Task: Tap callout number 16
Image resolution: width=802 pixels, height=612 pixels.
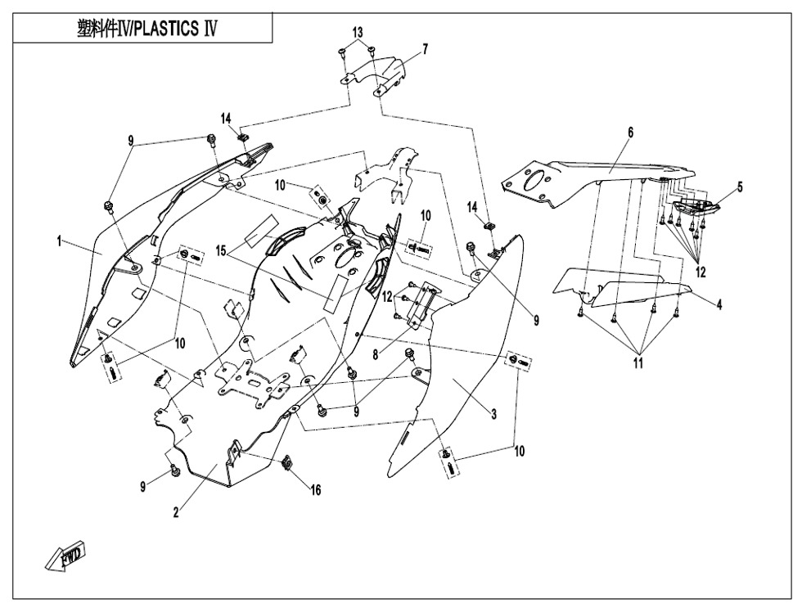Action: click(x=314, y=489)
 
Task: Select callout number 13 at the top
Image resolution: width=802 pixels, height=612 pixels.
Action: click(x=358, y=31)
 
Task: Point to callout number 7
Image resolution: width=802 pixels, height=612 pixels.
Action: click(x=425, y=50)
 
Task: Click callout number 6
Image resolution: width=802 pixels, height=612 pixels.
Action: click(x=630, y=132)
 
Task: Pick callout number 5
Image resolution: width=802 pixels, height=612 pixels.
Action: click(x=740, y=187)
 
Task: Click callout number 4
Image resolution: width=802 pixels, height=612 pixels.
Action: click(x=719, y=304)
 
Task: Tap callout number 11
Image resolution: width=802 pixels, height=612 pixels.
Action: click(x=637, y=365)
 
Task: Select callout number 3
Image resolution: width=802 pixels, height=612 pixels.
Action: click(x=493, y=415)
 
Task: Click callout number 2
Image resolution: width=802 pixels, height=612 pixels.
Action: click(x=175, y=513)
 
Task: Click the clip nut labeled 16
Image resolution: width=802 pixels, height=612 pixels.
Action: click(x=288, y=464)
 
